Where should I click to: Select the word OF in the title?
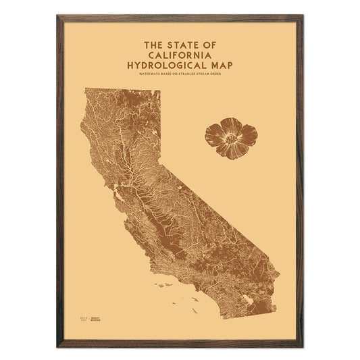click(x=212, y=45)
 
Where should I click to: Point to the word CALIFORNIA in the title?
click(x=180, y=55)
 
